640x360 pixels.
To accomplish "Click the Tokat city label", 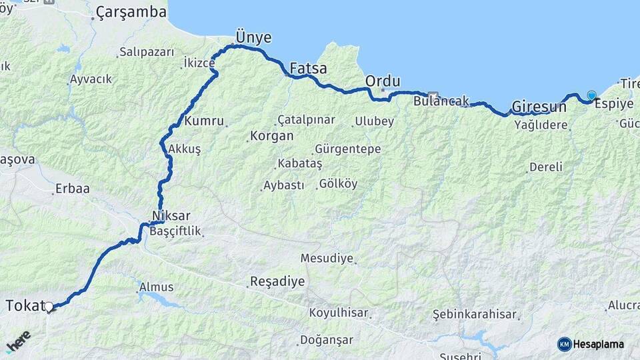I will (23, 306).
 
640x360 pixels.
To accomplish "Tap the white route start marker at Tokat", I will (49, 307).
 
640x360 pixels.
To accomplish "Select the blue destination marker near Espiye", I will (591, 95).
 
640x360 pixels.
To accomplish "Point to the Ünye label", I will (253, 37).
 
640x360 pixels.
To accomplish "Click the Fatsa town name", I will (308, 68).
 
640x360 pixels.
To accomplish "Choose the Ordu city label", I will (383, 81).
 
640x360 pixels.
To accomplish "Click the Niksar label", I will (171, 216).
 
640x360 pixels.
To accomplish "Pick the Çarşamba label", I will (131, 12).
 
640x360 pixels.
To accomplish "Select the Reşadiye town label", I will (277, 281).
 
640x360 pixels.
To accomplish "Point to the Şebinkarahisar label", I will (475, 314).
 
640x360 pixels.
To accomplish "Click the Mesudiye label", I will (327, 258).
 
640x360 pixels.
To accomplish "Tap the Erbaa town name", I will (73, 189).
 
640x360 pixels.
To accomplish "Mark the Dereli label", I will (546, 167).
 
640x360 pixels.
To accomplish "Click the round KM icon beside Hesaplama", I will (565, 344).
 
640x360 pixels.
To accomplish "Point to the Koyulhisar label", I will (339, 313).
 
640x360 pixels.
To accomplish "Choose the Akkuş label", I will (185, 149).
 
